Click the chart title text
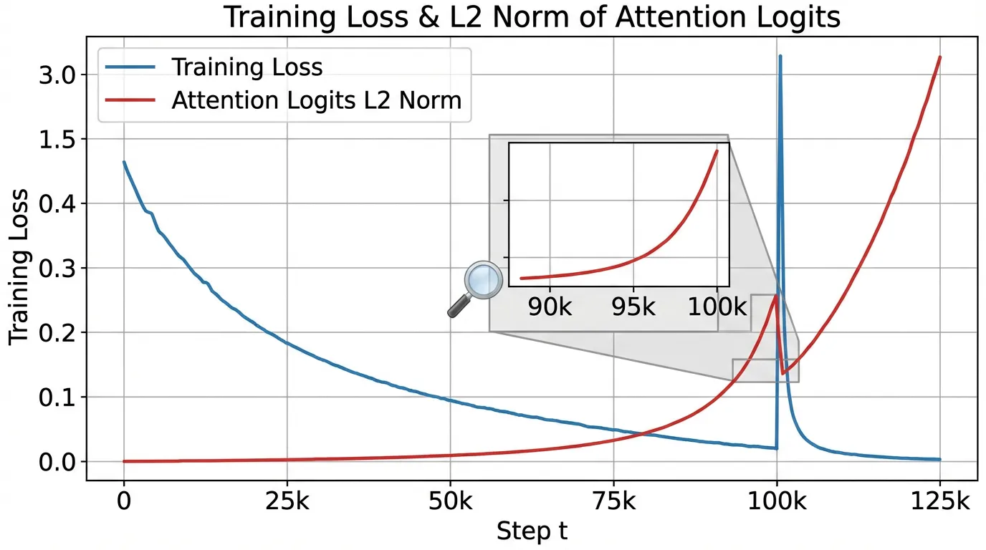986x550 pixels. click(531, 17)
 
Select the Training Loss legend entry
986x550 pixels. click(247, 67)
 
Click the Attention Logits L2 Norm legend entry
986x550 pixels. click(316, 100)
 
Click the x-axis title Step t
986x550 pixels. click(532, 531)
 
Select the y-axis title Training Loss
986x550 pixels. click(19, 267)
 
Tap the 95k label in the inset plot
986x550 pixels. click(633, 307)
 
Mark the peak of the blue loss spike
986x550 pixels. click(780, 56)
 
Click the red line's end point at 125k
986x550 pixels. click(939, 57)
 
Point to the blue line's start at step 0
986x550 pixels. click(124, 163)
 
